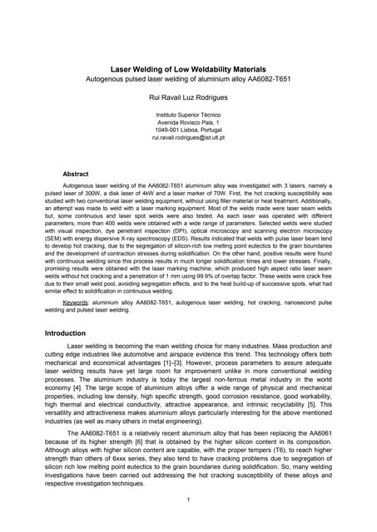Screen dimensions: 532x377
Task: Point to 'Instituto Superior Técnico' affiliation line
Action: click(188, 114)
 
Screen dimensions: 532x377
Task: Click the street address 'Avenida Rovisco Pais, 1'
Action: click(188, 121)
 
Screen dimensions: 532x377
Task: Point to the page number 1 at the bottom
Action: click(189, 499)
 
